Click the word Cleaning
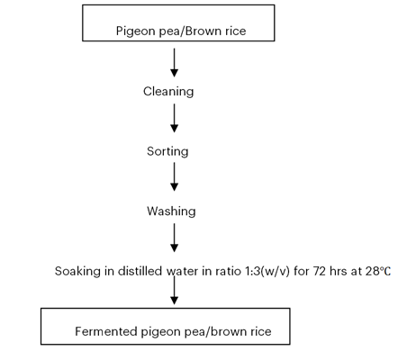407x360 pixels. pyautogui.click(x=168, y=92)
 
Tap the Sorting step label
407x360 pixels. pyautogui.click(x=167, y=152)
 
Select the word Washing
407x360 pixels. pyautogui.click(x=171, y=211)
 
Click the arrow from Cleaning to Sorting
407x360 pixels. pyautogui.click(x=175, y=118)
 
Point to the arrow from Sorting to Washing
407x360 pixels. pyautogui.click(x=175, y=176)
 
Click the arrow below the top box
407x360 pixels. pyautogui.click(x=175, y=63)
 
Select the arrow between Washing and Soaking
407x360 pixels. pyautogui.click(x=175, y=238)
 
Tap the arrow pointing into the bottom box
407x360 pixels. pyautogui.click(x=175, y=290)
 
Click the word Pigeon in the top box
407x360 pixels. pyautogui.click(x=135, y=31)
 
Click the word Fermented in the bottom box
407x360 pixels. pyautogui.click(x=106, y=331)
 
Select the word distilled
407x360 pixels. pyautogui.click(x=140, y=271)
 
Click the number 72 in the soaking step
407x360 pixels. pyautogui.click(x=320, y=271)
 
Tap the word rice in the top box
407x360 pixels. pyautogui.click(x=236, y=31)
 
